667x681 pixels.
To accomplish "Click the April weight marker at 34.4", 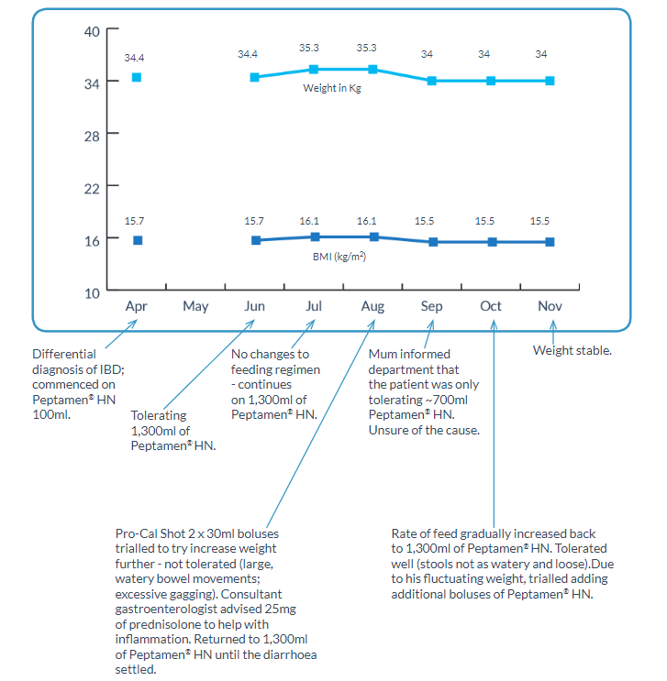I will (137, 77).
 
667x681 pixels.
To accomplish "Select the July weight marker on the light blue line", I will (314, 70).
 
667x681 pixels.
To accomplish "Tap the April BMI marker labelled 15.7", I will (138, 240).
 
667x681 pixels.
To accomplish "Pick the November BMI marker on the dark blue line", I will (550, 242).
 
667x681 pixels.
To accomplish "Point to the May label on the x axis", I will (195, 306).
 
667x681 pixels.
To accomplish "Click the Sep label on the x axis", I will (431, 306).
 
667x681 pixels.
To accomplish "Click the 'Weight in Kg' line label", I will (331, 88).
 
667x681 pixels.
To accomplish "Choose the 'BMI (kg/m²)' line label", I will (339, 258).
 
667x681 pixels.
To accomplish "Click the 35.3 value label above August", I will (372, 48).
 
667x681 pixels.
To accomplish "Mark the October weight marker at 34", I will (492, 81).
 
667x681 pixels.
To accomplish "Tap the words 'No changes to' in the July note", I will (270, 354).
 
